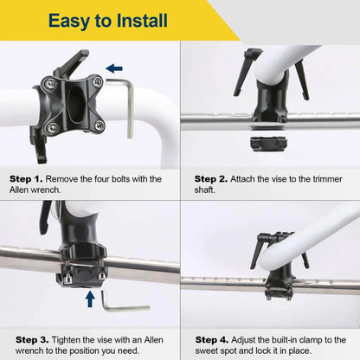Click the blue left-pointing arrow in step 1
pyautogui.click(x=114, y=67)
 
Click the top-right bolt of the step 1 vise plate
pyautogui.click(x=97, y=81)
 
